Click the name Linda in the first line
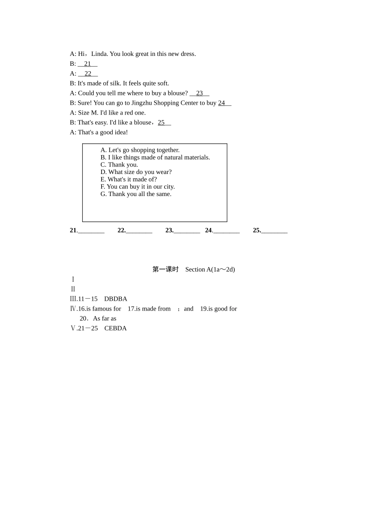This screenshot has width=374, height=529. (99, 54)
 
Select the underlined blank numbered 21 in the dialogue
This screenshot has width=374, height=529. (87, 64)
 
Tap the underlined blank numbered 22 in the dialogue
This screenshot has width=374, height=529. (88, 74)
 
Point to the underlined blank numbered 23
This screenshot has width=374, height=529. (199, 93)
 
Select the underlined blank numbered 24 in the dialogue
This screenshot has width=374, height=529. (224, 103)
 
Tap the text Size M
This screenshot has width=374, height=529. (88, 113)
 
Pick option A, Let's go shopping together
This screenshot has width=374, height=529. (140, 150)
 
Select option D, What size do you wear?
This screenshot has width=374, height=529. (136, 172)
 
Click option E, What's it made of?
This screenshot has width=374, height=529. (128, 179)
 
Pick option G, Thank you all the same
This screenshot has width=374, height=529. (136, 194)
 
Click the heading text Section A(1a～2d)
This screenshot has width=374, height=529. (210, 270)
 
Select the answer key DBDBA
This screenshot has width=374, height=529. (116, 299)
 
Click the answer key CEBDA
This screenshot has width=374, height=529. (115, 328)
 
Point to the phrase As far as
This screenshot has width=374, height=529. (104, 318)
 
